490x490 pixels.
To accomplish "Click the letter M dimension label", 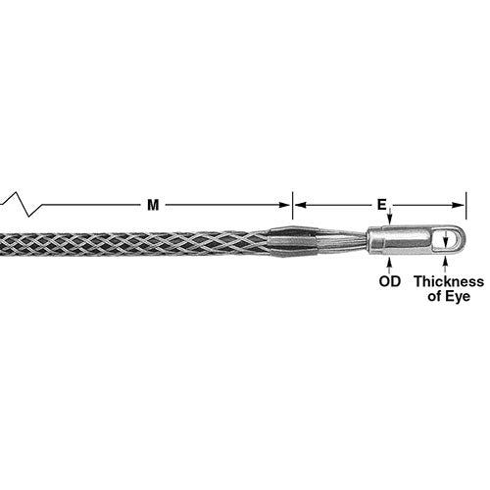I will tap(152, 205).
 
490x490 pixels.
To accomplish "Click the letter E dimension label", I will tap(380, 205).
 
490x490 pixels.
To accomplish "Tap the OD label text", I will tap(389, 281).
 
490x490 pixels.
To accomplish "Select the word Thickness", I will tap(448, 281).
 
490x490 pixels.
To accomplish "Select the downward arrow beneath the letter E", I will tap(389, 217).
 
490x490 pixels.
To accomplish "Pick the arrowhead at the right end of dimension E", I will tap(460, 205).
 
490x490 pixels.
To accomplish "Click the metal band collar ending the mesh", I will tap(291, 241).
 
